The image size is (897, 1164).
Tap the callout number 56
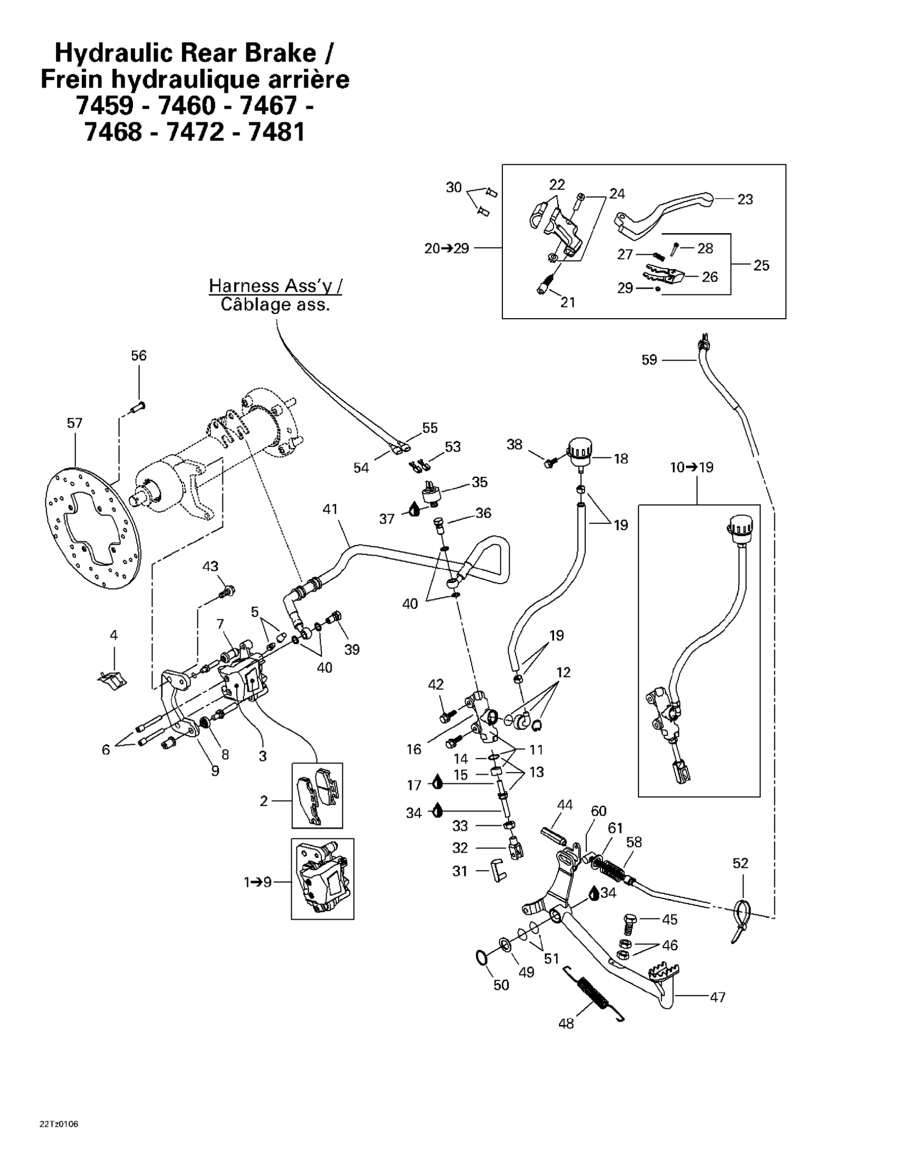[x=139, y=356]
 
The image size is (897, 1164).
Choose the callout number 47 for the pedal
[x=718, y=997]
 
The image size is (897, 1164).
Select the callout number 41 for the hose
[x=330, y=509]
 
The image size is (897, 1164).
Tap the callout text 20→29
[x=446, y=249]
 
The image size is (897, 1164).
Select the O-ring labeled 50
[x=481, y=958]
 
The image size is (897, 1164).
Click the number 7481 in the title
[x=276, y=131]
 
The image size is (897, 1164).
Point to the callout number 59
[x=648, y=360]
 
